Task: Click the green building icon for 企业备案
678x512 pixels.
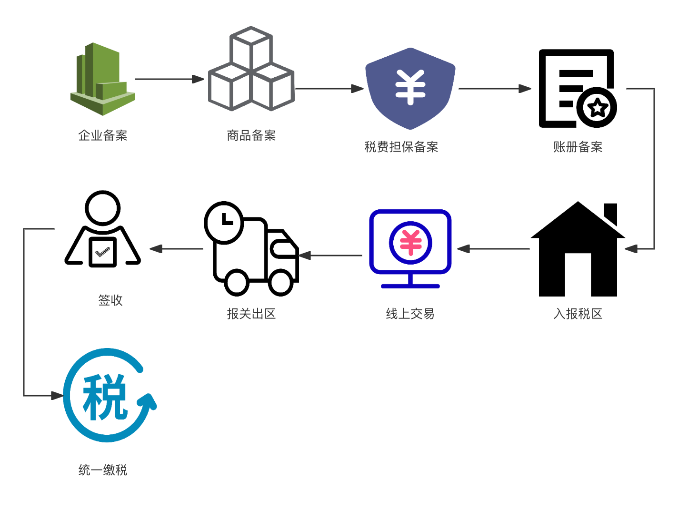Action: click(x=103, y=79)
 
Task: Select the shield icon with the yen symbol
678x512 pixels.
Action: click(x=410, y=88)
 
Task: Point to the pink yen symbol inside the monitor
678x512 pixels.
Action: click(x=410, y=242)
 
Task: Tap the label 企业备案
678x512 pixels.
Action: click(x=103, y=135)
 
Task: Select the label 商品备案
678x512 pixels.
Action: click(x=251, y=135)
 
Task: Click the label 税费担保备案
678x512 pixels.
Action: click(x=401, y=147)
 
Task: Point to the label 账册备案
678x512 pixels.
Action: click(x=578, y=147)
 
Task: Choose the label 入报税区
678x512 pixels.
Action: click(x=578, y=314)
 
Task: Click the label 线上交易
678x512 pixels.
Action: click(x=410, y=314)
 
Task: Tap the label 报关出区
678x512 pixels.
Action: click(x=251, y=314)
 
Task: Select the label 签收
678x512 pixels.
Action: click(x=110, y=300)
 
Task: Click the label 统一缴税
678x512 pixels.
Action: click(x=103, y=470)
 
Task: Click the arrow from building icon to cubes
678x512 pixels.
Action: click(x=169, y=79)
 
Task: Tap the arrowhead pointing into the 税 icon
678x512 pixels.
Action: click(x=57, y=395)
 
